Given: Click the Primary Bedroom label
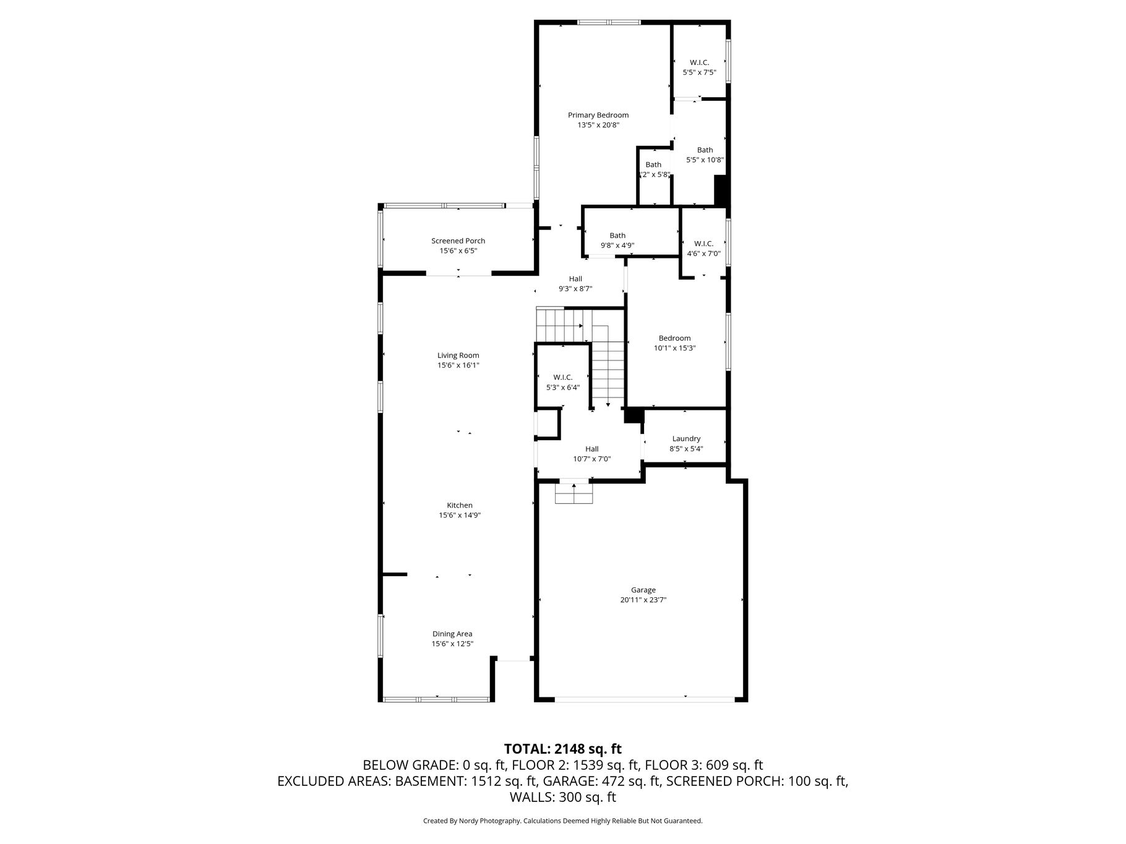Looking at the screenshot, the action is pyautogui.click(x=598, y=115).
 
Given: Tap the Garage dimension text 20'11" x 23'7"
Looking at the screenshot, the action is pyautogui.click(x=643, y=600).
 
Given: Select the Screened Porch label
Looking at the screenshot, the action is pyautogui.click(x=458, y=241).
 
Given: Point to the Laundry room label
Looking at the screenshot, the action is pyautogui.click(x=686, y=439).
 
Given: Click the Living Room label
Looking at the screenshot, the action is pyautogui.click(x=458, y=356).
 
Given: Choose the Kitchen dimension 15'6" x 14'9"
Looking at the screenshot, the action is pyautogui.click(x=460, y=515).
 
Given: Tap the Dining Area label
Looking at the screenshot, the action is pyautogui.click(x=452, y=634).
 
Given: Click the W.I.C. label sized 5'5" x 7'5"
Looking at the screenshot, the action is pyautogui.click(x=699, y=62).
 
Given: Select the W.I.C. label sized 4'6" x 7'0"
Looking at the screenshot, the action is pyautogui.click(x=703, y=244).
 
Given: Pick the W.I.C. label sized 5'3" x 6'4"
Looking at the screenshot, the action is pyautogui.click(x=562, y=377).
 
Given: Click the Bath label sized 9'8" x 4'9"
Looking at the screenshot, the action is pyautogui.click(x=617, y=236).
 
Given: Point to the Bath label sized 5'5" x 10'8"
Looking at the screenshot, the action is pyautogui.click(x=705, y=150).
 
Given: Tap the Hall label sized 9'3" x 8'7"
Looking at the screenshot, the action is pyautogui.click(x=575, y=279).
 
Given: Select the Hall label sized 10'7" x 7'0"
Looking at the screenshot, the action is pyautogui.click(x=592, y=449).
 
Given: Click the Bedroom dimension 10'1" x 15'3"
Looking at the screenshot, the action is pyautogui.click(x=674, y=348).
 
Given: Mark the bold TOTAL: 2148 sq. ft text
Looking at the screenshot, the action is pyautogui.click(x=562, y=749).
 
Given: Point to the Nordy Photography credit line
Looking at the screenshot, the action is pyautogui.click(x=562, y=821).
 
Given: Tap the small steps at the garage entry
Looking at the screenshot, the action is pyautogui.click(x=574, y=493).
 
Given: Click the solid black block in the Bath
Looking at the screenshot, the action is pyautogui.click(x=721, y=190).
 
